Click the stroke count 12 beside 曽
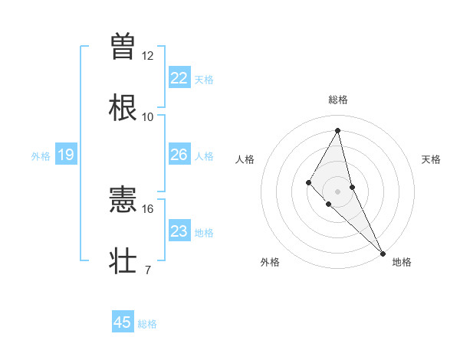(148, 56)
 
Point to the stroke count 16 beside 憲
(148, 208)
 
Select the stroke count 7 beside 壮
(148, 269)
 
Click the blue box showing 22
(179, 78)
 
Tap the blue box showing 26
(179, 155)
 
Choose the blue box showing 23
(179, 231)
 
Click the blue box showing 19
(66, 155)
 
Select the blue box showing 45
(123, 322)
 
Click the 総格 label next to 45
(147, 324)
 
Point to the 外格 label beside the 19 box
(41, 156)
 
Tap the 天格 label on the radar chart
(432, 159)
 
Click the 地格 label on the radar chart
(402, 262)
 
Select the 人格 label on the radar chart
(245, 159)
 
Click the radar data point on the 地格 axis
(383, 253)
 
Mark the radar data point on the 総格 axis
(338, 129)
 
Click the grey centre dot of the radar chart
(338, 191)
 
